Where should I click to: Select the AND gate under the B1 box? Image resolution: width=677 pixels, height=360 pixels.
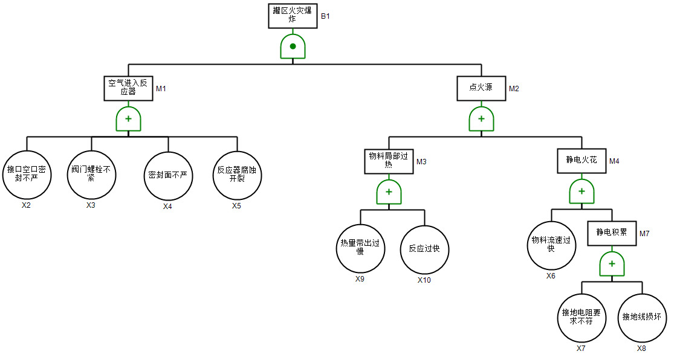[293, 47]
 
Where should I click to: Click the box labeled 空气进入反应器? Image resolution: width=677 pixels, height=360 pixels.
[128, 88]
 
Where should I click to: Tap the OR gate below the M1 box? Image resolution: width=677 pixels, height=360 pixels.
[128, 120]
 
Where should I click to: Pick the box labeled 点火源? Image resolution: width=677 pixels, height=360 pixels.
[481, 88]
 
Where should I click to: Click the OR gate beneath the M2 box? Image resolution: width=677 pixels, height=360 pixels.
[481, 120]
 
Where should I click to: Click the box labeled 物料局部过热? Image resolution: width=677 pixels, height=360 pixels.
[389, 161]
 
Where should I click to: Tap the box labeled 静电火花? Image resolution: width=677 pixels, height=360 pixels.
[581, 161]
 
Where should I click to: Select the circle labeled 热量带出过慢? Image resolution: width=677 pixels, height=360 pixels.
[360, 248]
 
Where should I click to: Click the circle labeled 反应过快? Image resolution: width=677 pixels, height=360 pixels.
[424, 249]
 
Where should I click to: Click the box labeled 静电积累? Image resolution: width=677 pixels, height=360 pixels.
[612, 233]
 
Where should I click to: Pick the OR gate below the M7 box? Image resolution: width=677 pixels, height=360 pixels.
[612, 265]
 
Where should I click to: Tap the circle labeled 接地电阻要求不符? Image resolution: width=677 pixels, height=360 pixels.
[581, 318]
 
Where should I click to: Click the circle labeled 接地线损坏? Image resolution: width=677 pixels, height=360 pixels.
[641, 318]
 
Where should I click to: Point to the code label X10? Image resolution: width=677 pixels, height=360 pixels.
[424, 280]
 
